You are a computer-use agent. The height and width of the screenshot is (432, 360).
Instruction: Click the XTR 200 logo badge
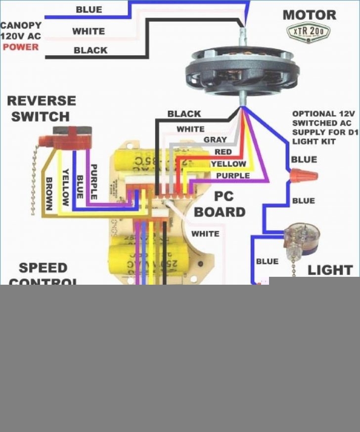309,32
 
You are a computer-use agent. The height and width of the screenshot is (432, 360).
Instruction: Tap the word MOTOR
309,14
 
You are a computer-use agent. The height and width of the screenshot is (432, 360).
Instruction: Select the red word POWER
20,47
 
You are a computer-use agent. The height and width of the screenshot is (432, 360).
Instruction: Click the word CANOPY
21,25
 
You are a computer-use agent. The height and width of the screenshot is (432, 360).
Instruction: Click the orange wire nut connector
303,175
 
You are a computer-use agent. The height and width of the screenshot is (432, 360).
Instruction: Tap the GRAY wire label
215,140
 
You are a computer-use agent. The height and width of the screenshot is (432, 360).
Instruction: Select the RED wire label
223,152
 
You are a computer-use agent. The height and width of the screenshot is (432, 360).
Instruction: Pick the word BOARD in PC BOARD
220,212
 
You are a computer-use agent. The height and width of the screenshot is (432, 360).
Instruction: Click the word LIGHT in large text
330,270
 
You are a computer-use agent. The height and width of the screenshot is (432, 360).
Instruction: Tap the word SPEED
43,268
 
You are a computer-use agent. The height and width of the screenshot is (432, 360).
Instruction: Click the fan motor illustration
242,72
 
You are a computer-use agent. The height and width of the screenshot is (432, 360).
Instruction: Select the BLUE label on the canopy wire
89,9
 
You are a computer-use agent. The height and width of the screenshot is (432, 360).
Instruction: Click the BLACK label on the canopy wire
90,50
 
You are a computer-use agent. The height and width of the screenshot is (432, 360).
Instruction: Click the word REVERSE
42,101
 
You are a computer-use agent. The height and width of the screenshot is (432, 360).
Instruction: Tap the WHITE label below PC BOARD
205,233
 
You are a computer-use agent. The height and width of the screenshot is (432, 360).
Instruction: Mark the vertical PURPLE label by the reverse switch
94,181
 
